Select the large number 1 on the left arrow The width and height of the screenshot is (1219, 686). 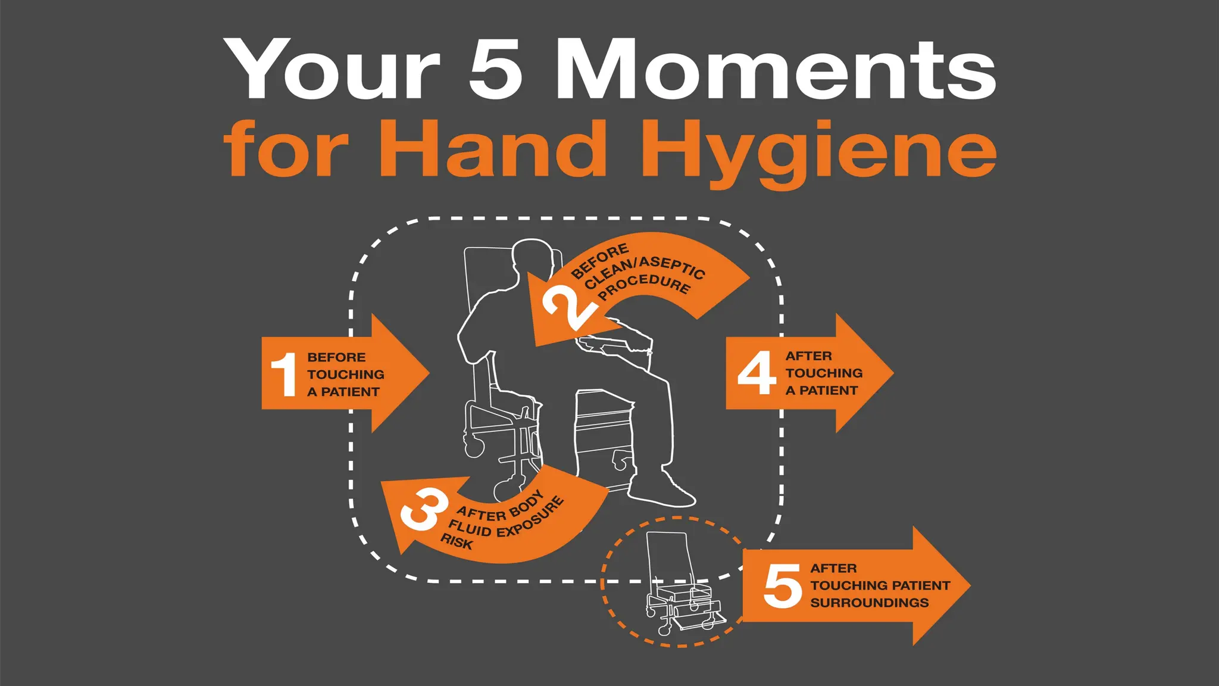click(x=284, y=374)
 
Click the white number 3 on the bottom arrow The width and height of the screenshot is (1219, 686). click(x=423, y=510)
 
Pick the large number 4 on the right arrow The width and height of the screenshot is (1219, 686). click(x=757, y=373)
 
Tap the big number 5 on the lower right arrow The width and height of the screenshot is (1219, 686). click(x=782, y=586)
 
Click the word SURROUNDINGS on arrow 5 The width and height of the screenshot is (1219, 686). click(x=869, y=603)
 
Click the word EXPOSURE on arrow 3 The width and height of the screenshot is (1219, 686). click(x=530, y=517)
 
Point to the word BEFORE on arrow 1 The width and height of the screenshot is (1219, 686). click(x=336, y=357)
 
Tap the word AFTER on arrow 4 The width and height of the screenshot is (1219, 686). click(x=808, y=356)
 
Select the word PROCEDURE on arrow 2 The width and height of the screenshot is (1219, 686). click(x=646, y=287)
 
